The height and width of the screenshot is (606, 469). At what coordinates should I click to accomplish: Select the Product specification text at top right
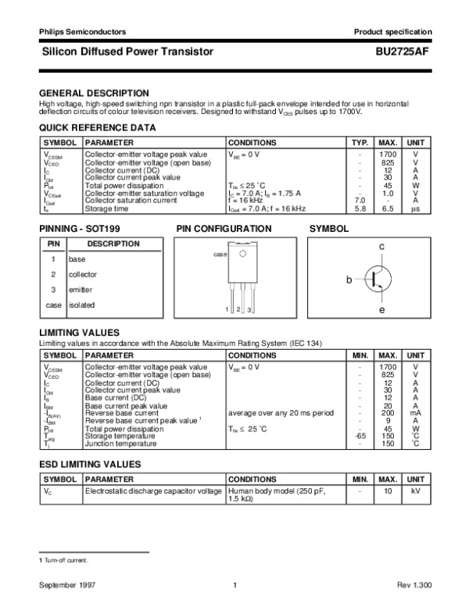click(392, 31)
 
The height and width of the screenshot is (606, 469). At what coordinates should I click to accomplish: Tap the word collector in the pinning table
click(83, 274)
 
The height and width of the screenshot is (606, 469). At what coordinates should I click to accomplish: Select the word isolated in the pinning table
click(81, 305)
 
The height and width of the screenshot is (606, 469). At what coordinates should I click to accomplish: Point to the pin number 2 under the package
click(238, 311)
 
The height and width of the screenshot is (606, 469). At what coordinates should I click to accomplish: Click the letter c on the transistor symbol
click(381, 247)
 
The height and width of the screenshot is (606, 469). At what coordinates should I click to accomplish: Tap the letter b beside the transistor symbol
click(350, 278)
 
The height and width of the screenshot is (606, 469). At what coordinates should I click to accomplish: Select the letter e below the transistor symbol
click(381, 311)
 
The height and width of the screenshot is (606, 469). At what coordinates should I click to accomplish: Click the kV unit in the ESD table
click(416, 491)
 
